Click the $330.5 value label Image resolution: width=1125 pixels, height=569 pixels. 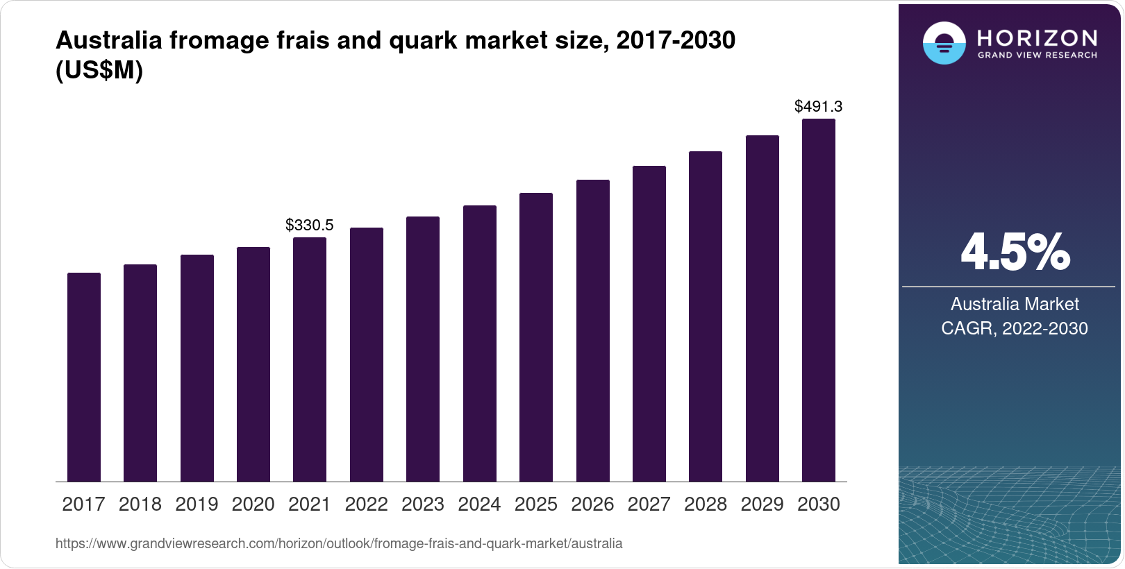click(310, 225)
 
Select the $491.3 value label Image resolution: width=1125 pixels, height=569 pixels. click(819, 106)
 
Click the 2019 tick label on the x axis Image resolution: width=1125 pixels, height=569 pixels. click(197, 504)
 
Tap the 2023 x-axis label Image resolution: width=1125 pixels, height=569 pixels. click(423, 504)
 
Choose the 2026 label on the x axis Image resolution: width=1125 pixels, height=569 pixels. click(592, 504)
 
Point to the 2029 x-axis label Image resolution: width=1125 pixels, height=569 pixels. click(762, 504)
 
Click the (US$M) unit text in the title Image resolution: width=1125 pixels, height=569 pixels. click(99, 71)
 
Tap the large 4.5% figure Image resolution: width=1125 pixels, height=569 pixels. click(1015, 252)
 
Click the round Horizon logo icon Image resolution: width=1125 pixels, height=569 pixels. click(944, 44)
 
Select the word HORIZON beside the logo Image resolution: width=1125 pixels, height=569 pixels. click(1037, 37)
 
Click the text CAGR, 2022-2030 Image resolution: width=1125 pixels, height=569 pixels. click(1015, 328)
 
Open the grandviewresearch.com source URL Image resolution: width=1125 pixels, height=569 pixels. click(339, 543)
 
